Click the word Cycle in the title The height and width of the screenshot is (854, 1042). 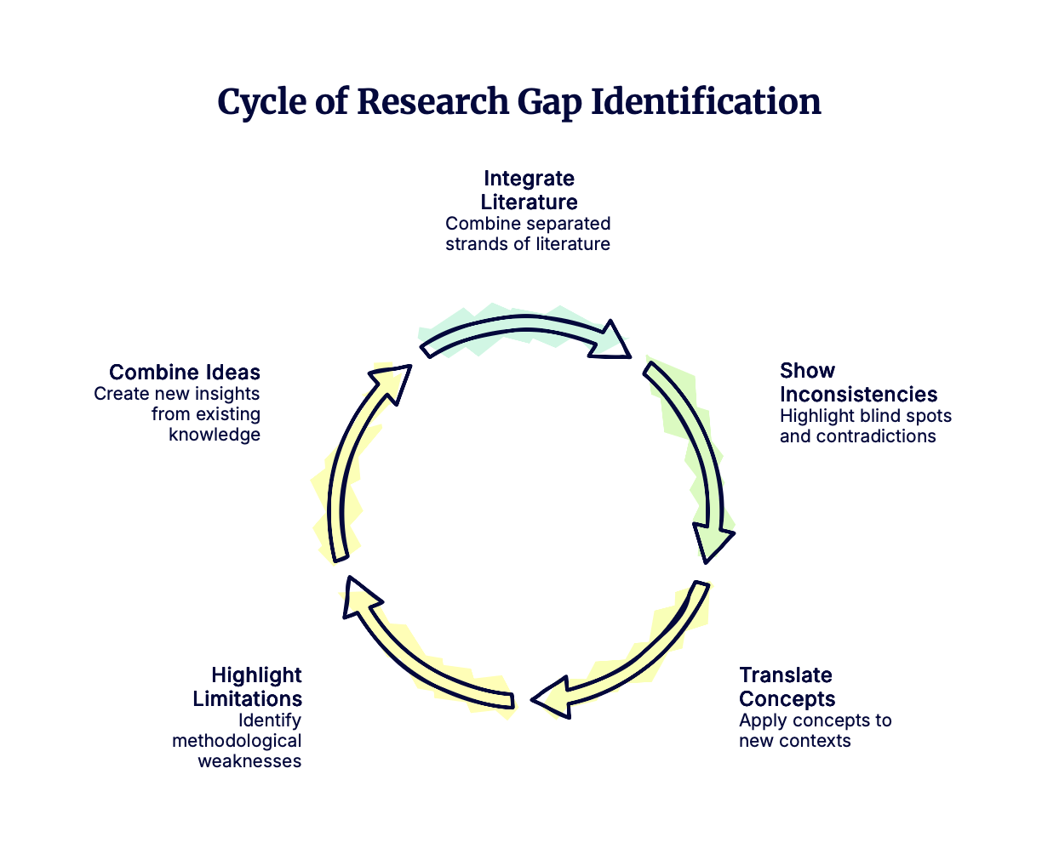click(x=260, y=103)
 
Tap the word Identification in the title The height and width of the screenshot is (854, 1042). click(x=706, y=103)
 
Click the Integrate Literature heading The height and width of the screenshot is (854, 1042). click(x=529, y=191)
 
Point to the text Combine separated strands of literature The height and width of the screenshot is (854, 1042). click(x=528, y=234)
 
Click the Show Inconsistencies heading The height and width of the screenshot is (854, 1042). click(x=858, y=383)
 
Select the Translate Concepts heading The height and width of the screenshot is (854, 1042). click(x=787, y=687)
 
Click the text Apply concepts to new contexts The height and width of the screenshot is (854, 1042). click(x=815, y=731)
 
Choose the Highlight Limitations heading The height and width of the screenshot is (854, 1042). click(x=248, y=687)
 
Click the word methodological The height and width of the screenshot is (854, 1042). click(x=237, y=741)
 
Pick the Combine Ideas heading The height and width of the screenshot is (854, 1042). click(x=185, y=373)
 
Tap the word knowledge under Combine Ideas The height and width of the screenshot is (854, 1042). click(x=215, y=435)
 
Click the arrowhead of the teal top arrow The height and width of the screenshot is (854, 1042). click(x=612, y=341)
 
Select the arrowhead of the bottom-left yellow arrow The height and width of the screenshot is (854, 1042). click(x=357, y=593)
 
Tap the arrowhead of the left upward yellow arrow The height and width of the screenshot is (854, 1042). click(x=392, y=379)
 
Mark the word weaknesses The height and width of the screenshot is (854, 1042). click(x=249, y=761)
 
